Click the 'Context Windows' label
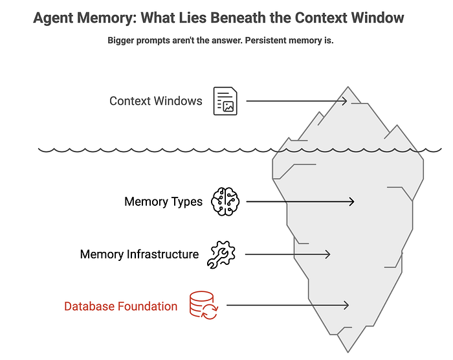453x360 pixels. [156, 101]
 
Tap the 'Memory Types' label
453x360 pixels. [163, 202]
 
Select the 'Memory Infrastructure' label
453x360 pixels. [139, 254]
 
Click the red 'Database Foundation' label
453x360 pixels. [121, 306]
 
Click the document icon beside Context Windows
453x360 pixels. [225, 101]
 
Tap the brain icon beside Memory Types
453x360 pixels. [225, 201]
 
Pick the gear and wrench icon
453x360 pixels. [221, 254]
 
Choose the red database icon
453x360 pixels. [204, 305]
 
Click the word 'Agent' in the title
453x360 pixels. [53, 18]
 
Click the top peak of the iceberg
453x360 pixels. [348, 87]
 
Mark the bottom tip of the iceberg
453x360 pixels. [348, 352]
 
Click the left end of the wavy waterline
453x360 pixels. [39, 149]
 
